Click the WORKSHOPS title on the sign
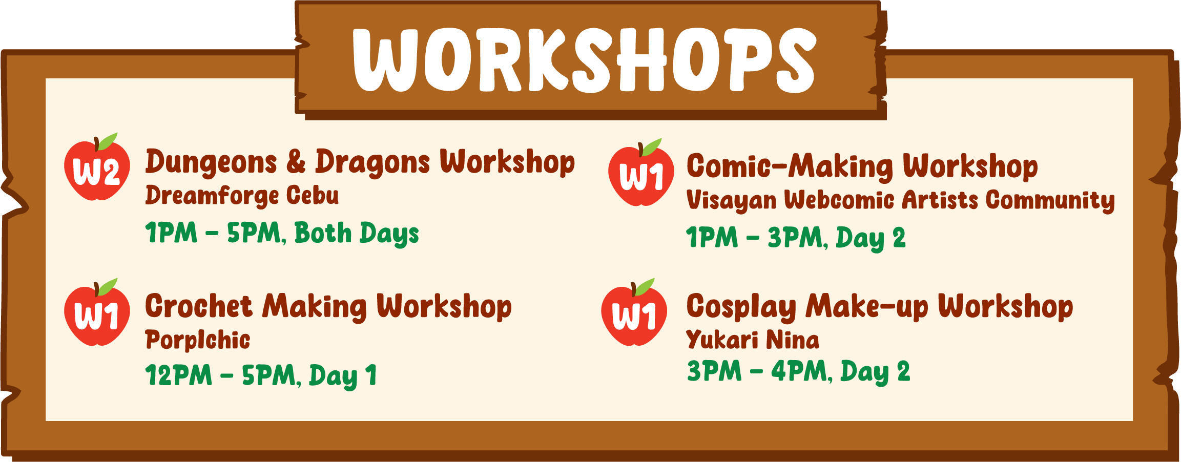(x=584, y=60)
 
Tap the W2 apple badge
(x=97, y=171)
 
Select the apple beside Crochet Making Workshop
(x=97, y=315)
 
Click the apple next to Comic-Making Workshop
(x=640, y=176)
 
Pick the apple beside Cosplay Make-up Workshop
(x=634, y=315)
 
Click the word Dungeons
(x=211, y=163)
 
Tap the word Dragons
(x=372, y=163)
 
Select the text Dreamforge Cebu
(x=242, y=196)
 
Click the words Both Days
(x=357, y=234)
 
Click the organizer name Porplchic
(x=198, y=340)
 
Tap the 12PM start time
(x=179, y=375)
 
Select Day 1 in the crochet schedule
(x=343, y=376)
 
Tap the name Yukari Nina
(x=753, y=340)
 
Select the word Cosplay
(x=741, y=307)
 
